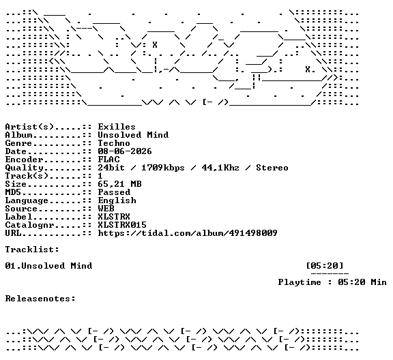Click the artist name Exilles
coord(117,127)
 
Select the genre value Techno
coord(114,143)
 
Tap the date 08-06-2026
coord(125,151)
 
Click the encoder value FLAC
coord(108,160)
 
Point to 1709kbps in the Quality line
coord(163,168)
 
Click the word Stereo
coord(272,168)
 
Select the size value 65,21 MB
coord(119,184)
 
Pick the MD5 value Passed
coord(114,192)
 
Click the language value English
coord(117,200)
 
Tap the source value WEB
coord(106,209)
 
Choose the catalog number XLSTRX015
coord(122,225)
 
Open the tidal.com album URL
coord(188,233)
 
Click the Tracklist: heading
coord(32,250)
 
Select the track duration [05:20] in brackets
coord(325,265)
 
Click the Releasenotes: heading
coord(40,299)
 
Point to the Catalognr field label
coord(29,225)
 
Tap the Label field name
coord(19,217)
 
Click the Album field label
coord(19,135)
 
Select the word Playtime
coord(300,282)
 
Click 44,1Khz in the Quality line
coord(220,168)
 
